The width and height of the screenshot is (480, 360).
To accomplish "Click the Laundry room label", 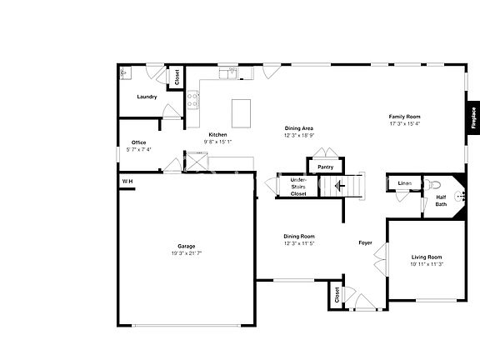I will click(x=147, y=97).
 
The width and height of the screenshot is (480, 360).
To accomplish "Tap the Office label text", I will click(x=138, y=142).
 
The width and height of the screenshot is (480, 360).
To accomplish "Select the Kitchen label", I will click(x=218, y=135).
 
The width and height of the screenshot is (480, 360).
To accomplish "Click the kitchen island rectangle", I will click(x=241, y=110).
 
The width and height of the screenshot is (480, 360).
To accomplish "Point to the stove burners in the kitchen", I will click(x=193, y=100).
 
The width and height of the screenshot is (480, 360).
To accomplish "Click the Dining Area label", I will click(x=297, y=128).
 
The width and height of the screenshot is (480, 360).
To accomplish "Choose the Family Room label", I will click(x=405, y=117).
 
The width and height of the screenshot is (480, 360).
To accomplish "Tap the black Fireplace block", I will click(x=472, y=117).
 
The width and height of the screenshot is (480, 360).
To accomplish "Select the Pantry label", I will click(x=325, y=167).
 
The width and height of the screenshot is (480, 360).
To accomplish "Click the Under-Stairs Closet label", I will click(x=298, y=187).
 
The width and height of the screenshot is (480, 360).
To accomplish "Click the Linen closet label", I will click(x=405, y=182).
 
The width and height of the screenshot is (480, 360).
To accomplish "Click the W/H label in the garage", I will click(x=127, y=181).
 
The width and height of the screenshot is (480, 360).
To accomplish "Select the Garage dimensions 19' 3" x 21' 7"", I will click(x=187, y=252).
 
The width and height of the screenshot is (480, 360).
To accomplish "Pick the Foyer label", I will click(x=365, y=243).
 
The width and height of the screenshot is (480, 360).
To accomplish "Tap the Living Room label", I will click(x=427, y=257).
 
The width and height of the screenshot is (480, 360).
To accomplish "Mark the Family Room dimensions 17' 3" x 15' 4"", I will click(x=405, y=123).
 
